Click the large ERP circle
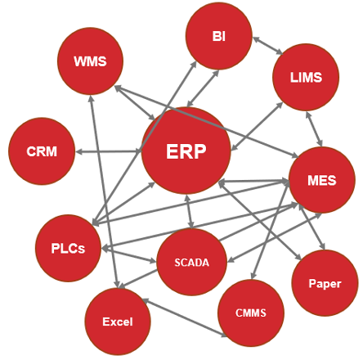186,151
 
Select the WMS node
90,61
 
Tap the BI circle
219,36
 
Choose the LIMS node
306,77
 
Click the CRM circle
42,151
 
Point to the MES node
322,180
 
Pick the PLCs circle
68,248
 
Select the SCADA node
191,262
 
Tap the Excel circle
118,322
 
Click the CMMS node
251,313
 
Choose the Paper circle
325,283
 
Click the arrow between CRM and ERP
108,151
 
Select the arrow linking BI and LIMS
268,46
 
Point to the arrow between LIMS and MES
314,128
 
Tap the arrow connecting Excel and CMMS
185,318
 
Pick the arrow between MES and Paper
311,227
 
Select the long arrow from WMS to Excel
104,191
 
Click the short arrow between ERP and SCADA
190,211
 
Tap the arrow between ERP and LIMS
257,126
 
